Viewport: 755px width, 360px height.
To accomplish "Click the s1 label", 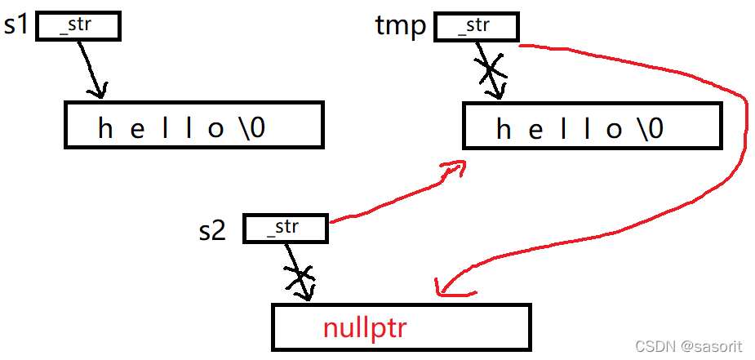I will (16, 25).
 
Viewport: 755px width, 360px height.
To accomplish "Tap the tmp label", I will (400, 26).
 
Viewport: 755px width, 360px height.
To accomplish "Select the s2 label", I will (212, 231).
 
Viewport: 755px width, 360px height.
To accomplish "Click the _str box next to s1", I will (78, 26).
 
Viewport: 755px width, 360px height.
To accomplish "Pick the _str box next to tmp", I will (477, 26).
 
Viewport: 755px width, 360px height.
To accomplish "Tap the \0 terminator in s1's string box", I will (251, 129).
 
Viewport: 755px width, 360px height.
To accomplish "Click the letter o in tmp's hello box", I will (615, 129).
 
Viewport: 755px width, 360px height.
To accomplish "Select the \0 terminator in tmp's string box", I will (650, 129).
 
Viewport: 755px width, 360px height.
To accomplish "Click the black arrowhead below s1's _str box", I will (98, 90).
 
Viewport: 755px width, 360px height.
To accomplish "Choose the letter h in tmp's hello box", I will (504, 129).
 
